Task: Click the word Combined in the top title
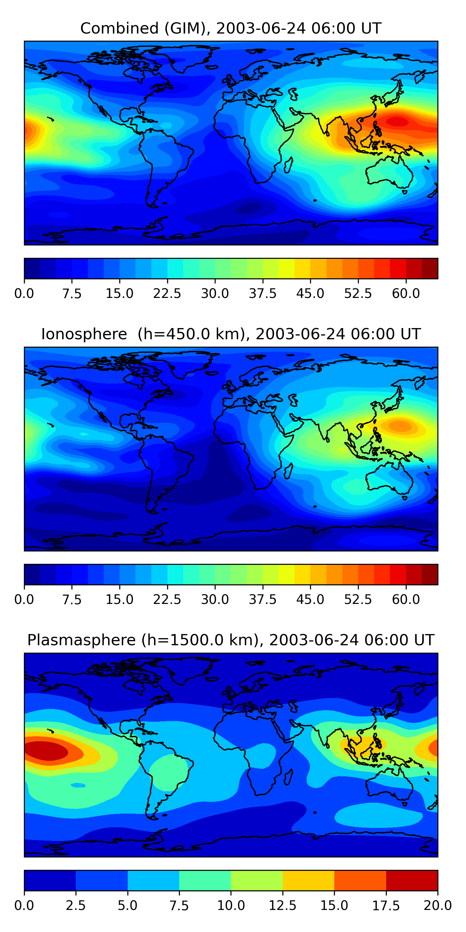[119, 28]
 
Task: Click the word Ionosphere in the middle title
[84, 334]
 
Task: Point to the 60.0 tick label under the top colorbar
[406, 293]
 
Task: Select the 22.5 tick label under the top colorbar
[167, 293]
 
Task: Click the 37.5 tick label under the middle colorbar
[263, 599]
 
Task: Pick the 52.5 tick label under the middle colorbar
[358, 599]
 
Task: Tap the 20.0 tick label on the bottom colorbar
[437, 905]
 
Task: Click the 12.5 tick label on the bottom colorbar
[283, 905]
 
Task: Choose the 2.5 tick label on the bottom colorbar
[75, 905]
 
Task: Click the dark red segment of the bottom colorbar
[412, 880]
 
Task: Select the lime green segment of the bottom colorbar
[257, 880]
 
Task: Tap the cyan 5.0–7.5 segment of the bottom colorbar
[153, 880]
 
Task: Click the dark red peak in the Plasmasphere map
[45, 750]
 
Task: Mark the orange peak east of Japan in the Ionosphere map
[400, 426]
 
